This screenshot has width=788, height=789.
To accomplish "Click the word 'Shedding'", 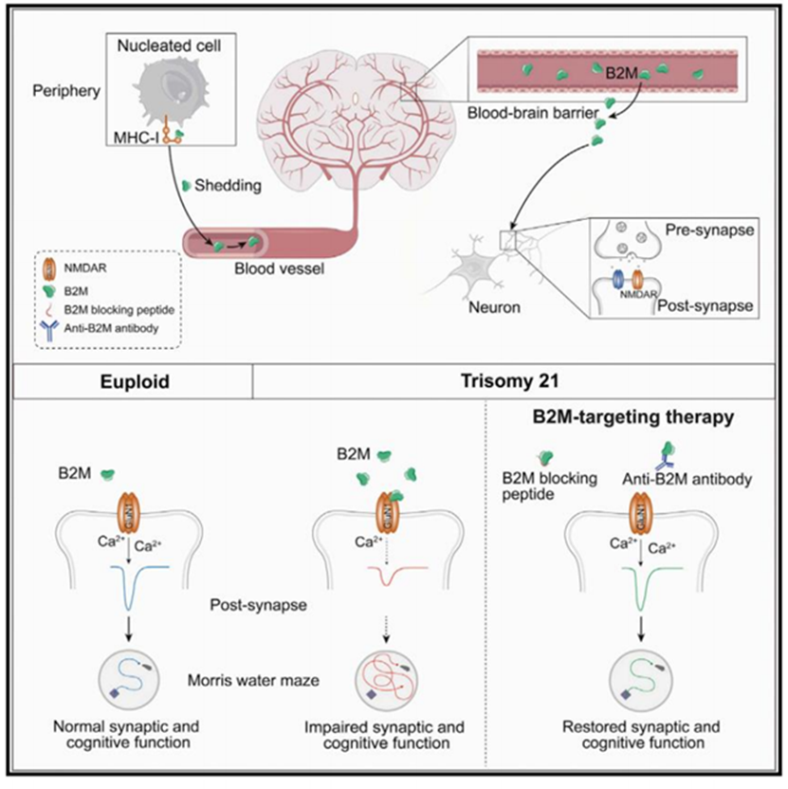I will [227, 185].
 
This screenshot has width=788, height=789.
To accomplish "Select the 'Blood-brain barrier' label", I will [527, 112].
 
